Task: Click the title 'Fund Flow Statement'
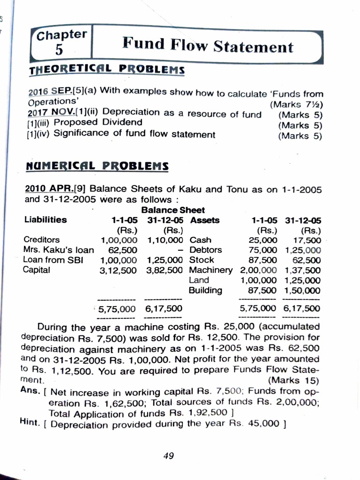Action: tap(207, 45)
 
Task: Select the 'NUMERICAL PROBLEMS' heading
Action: tap(97, 167)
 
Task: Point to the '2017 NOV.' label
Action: tap(47, 113)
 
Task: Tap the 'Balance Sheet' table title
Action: tap(172, 210)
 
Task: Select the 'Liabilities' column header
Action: tap(45, 220)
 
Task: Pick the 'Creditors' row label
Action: tap(41, 240)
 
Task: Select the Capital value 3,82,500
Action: tap(165, 270)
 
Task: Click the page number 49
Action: tap(169, 455)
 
